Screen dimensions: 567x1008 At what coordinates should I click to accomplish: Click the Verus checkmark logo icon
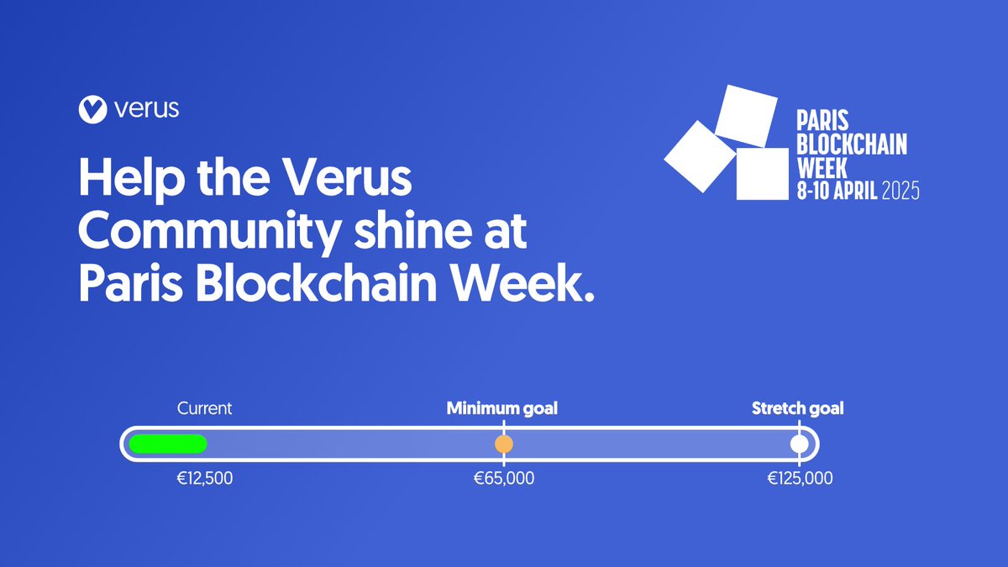click(x=91, y=108)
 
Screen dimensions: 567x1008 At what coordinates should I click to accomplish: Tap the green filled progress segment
click(x=167, y=444)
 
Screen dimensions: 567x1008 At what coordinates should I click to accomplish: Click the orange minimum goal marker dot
click(x=503, y=444)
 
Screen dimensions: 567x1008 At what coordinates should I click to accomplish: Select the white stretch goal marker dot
click(x=799, y=444)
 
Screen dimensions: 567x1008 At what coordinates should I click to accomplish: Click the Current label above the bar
click(x=204, y=409)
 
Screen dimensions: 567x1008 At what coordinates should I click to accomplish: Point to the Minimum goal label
click(x=502, y=409)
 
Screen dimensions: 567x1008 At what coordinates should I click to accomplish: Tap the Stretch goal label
click(x=797, y=409)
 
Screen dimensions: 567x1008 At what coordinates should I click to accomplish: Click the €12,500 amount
click(x=205, y=479)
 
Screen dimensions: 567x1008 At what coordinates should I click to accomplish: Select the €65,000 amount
click(x=503, y=479)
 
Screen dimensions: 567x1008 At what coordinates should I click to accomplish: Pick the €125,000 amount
click(x=799, y=479)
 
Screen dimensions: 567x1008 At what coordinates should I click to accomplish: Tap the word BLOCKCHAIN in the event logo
click(x=852, y=144)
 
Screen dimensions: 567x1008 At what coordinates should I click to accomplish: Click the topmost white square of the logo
click(x=746, y=115)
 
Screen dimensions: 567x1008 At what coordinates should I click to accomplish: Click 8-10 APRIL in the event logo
click(x=837, y=192)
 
